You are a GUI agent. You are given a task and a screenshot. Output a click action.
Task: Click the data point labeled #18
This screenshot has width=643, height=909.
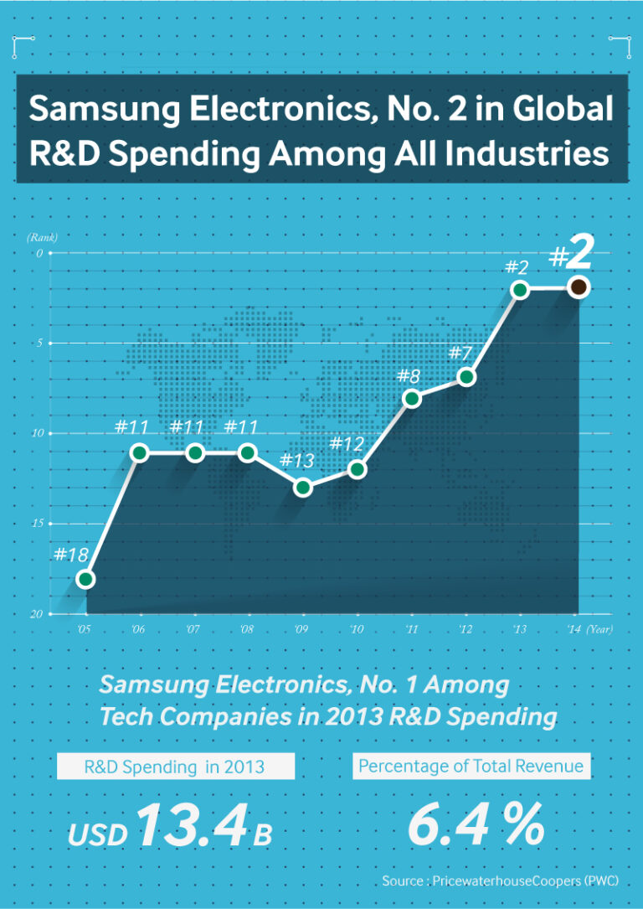pyautogui.click(x=85, y=579)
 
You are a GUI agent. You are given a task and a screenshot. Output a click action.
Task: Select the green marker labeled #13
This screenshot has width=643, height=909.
pyautogui.click(x=303, y=488)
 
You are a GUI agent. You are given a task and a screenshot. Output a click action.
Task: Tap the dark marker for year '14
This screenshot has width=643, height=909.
pyautogui.click(x=578, y=287)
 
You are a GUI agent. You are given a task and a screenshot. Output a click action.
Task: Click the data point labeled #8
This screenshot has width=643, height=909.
pyautogui.click(x=411, y=398)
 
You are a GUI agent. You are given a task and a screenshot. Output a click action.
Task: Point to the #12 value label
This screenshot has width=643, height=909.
pyautogui.click(x=347, y=443)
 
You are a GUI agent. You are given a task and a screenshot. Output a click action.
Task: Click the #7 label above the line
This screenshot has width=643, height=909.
pyautogui.click(x=461, y=352)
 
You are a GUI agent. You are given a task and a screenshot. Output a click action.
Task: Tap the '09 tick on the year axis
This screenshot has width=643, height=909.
pyautogui.click(x=301, y=629)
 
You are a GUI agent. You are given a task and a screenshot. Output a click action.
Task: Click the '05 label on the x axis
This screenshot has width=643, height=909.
pyautogui.click(x=85, y=629)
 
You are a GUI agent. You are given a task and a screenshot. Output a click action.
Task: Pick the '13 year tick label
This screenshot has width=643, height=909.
pyautogui.click(x=519, y=629)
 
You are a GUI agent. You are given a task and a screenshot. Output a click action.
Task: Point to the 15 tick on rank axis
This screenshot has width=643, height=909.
pyautogui.click(x=37, y=524)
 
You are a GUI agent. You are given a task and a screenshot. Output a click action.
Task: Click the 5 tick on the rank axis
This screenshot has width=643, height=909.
pyautogui.click(x=39, y=343)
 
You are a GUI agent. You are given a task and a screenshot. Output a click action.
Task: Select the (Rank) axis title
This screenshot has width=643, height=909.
pyautogui.click(x=42, y=237)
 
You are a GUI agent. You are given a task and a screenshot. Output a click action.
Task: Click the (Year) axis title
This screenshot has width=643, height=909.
pyautogui.click(x=599, y=629)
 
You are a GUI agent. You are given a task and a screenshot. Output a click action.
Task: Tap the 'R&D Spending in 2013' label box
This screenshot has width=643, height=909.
pyautogui.click(x=175, y=766)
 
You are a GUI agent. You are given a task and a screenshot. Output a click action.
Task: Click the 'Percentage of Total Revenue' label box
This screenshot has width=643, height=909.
pyautogui.click(x=471, y=766)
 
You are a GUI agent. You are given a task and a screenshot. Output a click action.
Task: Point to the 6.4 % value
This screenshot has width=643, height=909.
pyautogui.click(x=476, y=824)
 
